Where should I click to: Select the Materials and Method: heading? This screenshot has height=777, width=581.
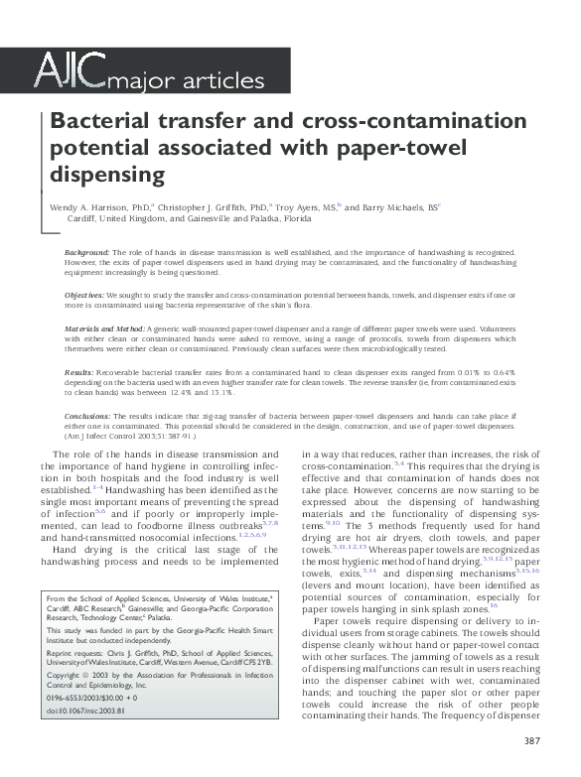pyautogui.click(x=109, y=327)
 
